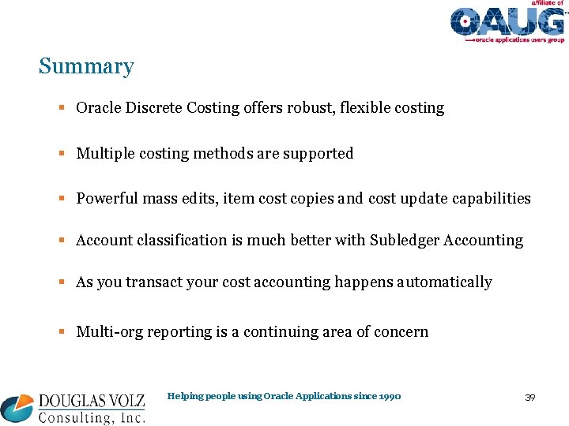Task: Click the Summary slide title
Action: (x=86, y=67)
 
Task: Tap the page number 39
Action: (x=529, y=397)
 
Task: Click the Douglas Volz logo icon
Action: (x=17, y=408)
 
